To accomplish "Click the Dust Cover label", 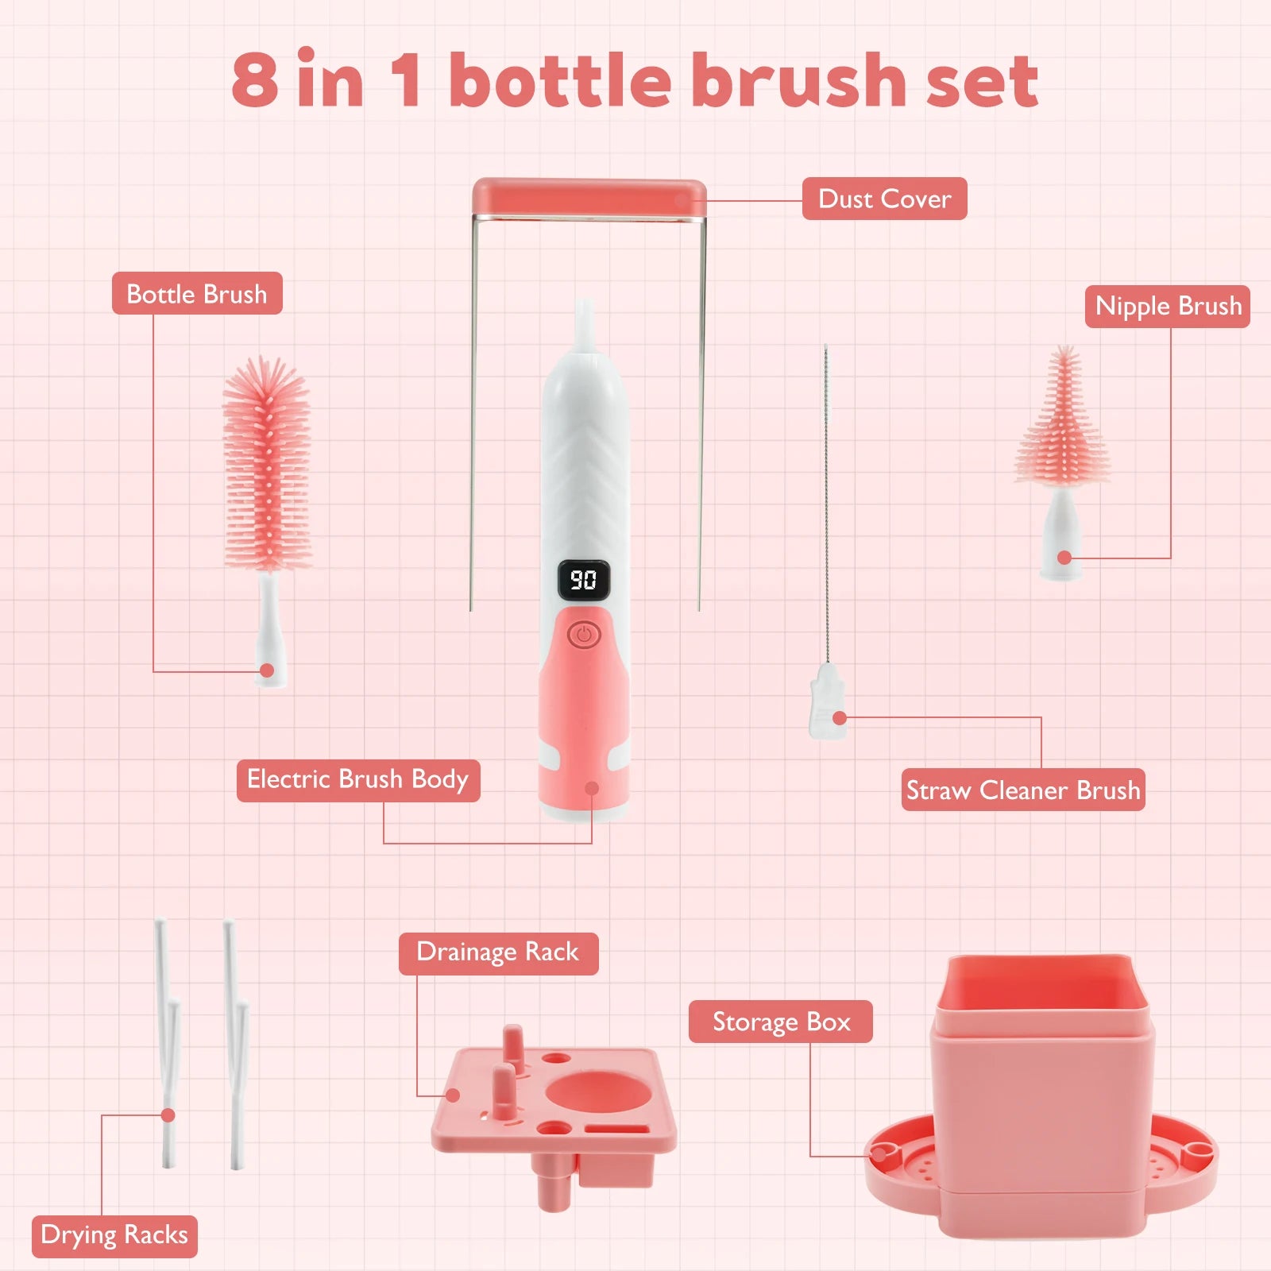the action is [884, 199].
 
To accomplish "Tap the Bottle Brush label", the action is [197, 293].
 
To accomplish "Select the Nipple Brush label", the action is [1168, 306].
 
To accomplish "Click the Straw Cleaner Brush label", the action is [1023, 790].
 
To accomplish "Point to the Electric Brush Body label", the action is [358, 780].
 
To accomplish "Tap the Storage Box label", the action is [781, 1022].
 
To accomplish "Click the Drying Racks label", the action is [114, 1236].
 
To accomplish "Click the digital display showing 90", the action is [584, 580].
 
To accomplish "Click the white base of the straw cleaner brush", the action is [827, 701].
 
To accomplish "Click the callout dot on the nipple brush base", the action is [1064, 558].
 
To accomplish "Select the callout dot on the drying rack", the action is [168, 1115].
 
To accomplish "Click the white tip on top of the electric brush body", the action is [585, 324].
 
